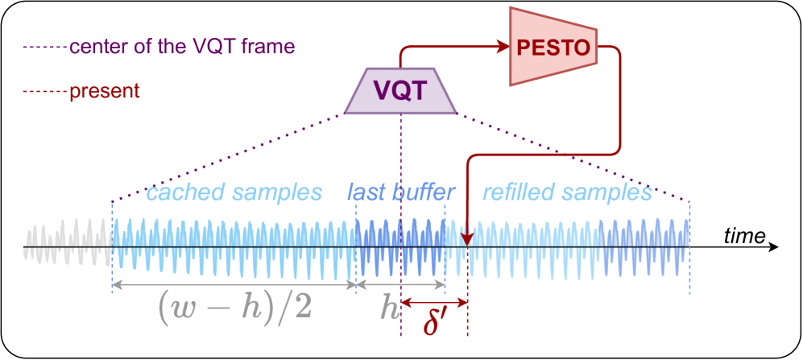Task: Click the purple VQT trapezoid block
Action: tap(401, 89)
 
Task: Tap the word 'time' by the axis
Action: tap(743, 234)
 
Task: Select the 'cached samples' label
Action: tap(234, 192)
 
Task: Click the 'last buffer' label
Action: tap(401, 192)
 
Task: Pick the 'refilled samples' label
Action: tap(565, 192)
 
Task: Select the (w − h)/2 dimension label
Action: tap(234, 306)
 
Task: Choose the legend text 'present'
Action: tap(105, 91)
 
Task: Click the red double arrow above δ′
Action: tap(434, 303)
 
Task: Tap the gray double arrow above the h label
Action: tap(400, 284)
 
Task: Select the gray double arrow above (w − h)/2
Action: tap(234, 284)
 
